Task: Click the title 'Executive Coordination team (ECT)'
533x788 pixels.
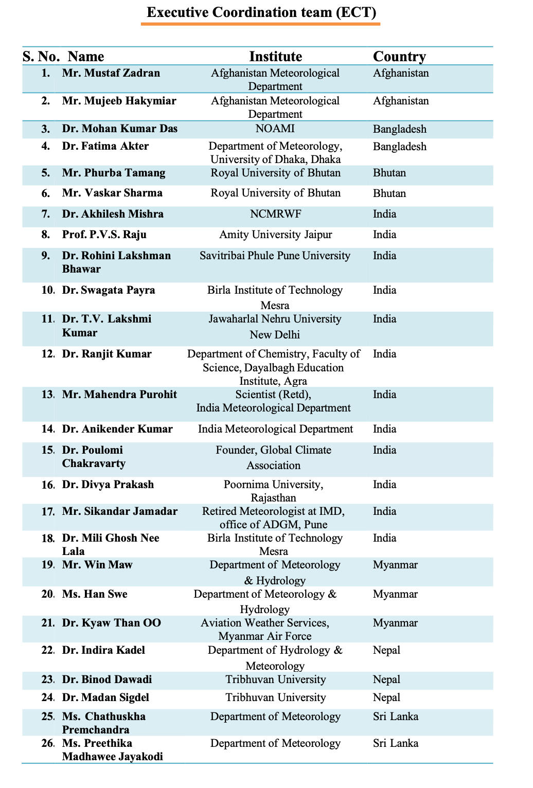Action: point(262,12)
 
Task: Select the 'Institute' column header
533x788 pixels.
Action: point(275,57)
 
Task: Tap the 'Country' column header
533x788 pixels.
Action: point(399,57)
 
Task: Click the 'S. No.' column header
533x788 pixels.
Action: point(41,57)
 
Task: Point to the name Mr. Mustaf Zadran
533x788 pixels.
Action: point(111,73)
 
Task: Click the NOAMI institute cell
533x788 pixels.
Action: point(275,129)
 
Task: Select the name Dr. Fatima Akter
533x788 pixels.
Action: point(105,147)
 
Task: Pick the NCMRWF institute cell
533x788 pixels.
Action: point(275,214)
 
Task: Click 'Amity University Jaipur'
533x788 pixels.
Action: point(275,235)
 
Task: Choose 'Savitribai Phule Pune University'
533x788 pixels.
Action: point(275,256)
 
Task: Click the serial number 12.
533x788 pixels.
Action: point(48,354)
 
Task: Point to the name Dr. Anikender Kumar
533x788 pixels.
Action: point(117,429)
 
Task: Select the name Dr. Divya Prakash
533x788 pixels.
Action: point(108,485)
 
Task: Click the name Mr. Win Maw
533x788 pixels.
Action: point(97,565)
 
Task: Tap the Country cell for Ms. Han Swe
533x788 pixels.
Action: point(395,594)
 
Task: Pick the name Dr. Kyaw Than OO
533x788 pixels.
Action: point(112,623)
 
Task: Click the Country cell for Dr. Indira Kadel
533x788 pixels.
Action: point(386,650)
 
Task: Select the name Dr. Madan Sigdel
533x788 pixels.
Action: point(106,697)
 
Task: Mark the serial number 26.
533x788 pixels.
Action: point(48,743)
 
